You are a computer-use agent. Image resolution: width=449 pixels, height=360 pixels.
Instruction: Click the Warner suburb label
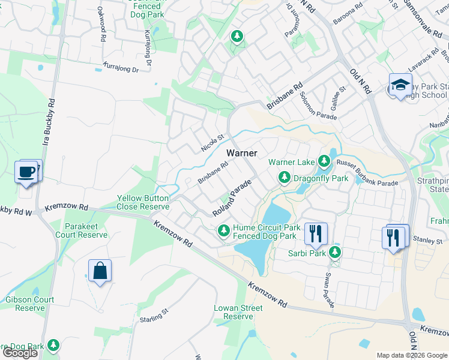click(242, 153)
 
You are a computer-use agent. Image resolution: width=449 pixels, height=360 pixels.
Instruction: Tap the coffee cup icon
click(26, 172)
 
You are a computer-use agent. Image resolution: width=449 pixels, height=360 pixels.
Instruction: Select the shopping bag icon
click(100, 271)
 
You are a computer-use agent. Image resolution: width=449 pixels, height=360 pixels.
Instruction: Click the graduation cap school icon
click(400, 85)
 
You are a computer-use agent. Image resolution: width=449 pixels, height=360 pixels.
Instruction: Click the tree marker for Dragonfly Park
click(284, 178)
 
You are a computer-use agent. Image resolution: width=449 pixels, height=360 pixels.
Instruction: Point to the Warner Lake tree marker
click(324, 161)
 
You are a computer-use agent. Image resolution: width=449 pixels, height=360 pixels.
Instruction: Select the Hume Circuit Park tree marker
click(224, 230)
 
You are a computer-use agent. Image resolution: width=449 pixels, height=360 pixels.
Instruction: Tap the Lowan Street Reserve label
click(238, 312)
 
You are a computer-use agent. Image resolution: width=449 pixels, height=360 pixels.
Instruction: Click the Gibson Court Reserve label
click(30, 304)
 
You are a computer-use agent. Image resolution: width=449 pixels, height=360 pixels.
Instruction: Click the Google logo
click(20, 353)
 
